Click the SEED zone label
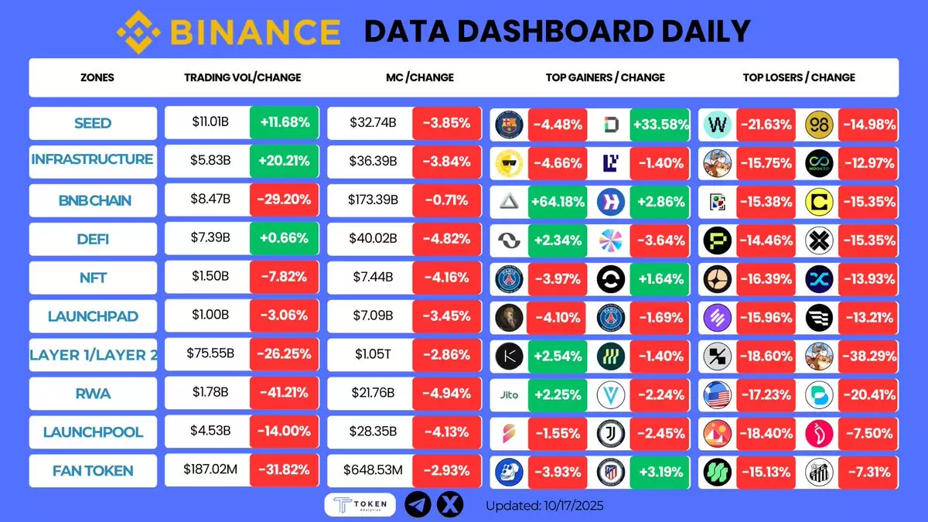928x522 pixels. (93, 123)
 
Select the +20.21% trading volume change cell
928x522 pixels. (284, 162)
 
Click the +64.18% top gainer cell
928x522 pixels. (556, 200)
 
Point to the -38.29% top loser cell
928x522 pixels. (871, 355)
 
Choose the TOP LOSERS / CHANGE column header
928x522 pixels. (798, 77)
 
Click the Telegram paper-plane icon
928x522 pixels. (418, 504)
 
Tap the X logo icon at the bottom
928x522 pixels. (450, 504)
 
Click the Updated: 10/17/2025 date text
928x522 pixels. (544, 506)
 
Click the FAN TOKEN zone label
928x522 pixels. (93, 471)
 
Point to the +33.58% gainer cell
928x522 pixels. (660, 123)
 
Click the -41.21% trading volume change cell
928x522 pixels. (284, 394)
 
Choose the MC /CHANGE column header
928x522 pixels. (419, 77)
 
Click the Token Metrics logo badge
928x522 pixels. (359, 504)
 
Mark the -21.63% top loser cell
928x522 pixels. (765, 123)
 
